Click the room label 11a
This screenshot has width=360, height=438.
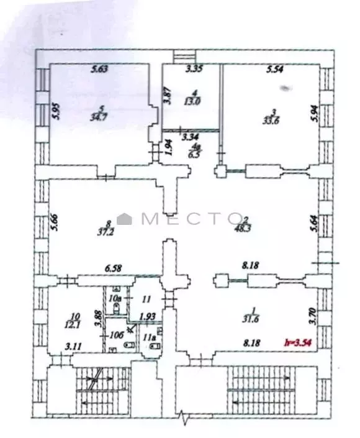148,338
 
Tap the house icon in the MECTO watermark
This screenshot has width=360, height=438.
126,218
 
